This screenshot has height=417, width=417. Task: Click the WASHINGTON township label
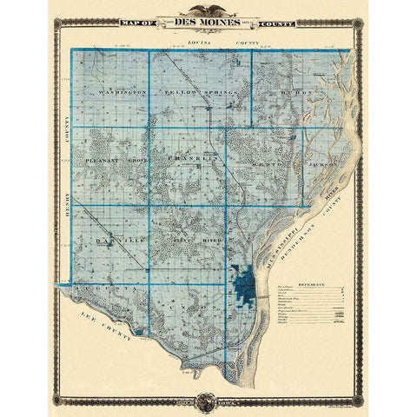point(122,91)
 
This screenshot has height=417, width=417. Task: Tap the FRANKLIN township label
point(192,161)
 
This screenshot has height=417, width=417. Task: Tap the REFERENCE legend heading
point(311,283)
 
